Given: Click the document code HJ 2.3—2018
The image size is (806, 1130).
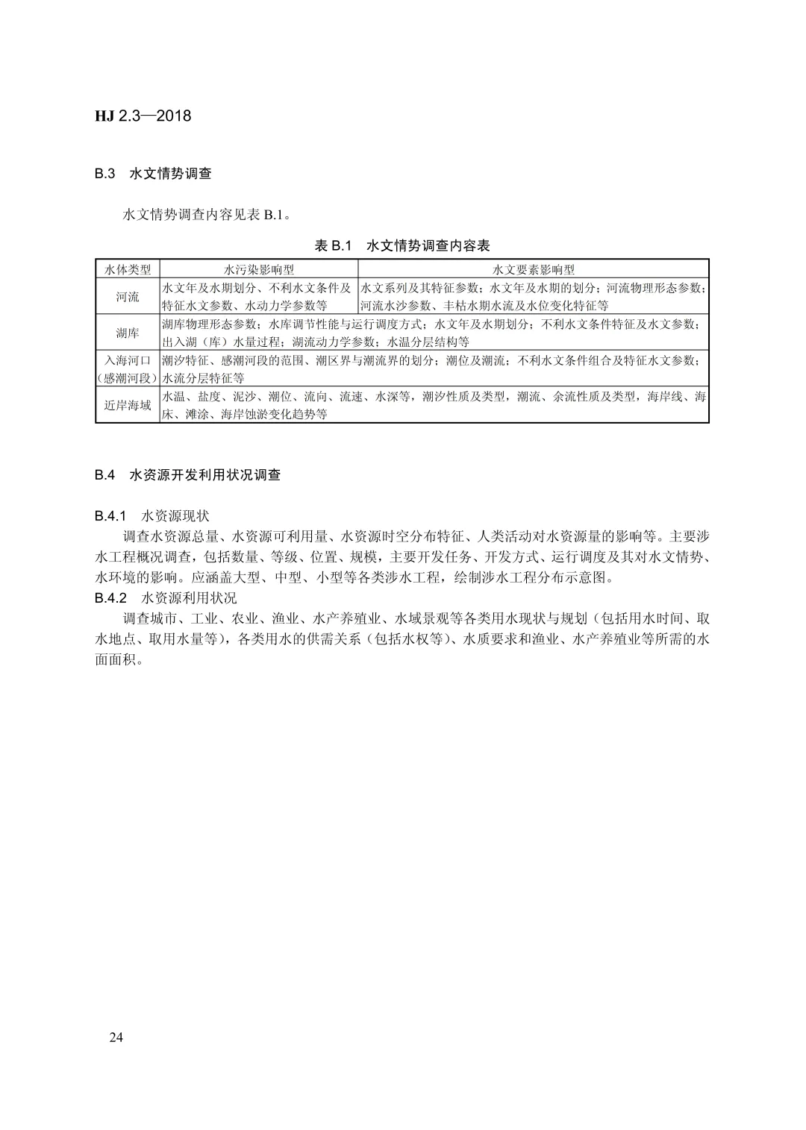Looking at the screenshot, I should tap(143, 116).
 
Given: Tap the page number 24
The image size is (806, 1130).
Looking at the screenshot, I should tap(116, 1037).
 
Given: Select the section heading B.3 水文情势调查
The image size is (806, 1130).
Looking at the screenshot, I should tap(153, 174).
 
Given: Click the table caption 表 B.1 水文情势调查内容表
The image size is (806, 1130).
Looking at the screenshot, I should tap(402, 245).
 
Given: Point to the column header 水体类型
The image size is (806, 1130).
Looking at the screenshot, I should tap(128, 269).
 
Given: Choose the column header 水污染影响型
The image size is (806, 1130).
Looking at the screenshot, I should tap(259, 269).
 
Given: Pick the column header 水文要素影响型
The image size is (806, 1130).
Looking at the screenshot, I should tap(533, 269).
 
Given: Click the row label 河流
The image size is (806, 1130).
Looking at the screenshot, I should tap(128, 296).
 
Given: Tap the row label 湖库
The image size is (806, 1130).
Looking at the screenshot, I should tap(128, 333).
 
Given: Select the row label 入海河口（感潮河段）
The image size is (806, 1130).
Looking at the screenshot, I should tap(128, 369).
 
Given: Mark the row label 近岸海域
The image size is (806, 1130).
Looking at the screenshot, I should tap(128, 405).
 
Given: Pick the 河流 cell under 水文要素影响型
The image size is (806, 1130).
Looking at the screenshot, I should tap(533, 296).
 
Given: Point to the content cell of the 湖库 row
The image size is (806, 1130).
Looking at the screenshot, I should tap(433, 333).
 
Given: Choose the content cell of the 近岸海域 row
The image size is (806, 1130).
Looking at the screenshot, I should tap(433, 405).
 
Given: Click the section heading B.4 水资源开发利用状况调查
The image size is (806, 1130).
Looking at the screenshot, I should tap(187, 475).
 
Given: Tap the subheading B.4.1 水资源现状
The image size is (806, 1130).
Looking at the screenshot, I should tap(152, 515).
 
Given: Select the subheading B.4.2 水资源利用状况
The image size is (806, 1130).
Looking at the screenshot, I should tap(166, 597).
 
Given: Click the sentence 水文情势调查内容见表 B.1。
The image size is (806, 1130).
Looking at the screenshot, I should tap(207, 215).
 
